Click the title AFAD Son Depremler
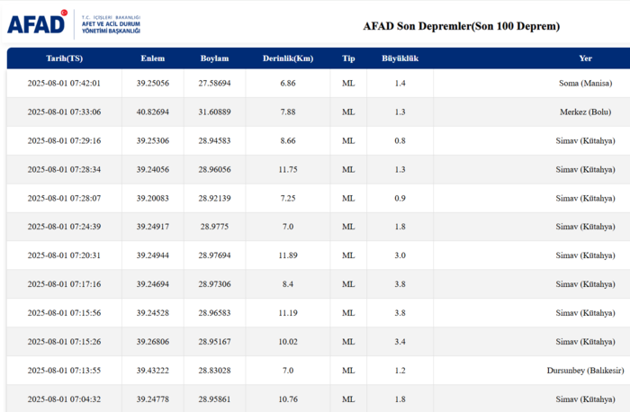[461, 26]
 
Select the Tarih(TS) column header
[64, 58]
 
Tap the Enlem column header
[153, 58]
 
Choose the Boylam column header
[215, 58]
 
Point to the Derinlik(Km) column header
[287, 58]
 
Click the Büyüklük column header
[400, 58]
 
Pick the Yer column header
[585, 58]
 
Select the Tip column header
[348, 58]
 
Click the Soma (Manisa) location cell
[585, 84]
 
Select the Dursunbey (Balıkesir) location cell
[585, 371]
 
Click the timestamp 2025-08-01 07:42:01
[64, 84]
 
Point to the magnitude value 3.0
[400, 255]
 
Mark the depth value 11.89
[287, 255]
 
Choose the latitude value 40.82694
[153, 112]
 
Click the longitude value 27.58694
[215, 84]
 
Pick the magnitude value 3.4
[400, 342]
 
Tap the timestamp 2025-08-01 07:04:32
[64, 399]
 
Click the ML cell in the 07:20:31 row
[348, 255]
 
